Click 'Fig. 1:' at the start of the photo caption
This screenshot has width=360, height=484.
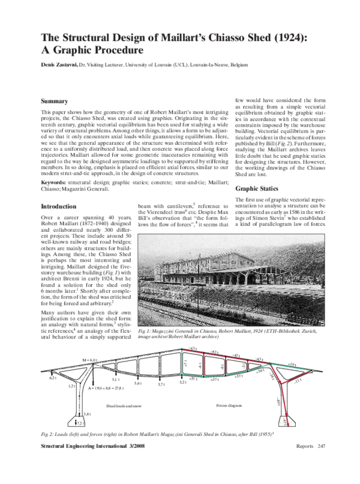point(145,332)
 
